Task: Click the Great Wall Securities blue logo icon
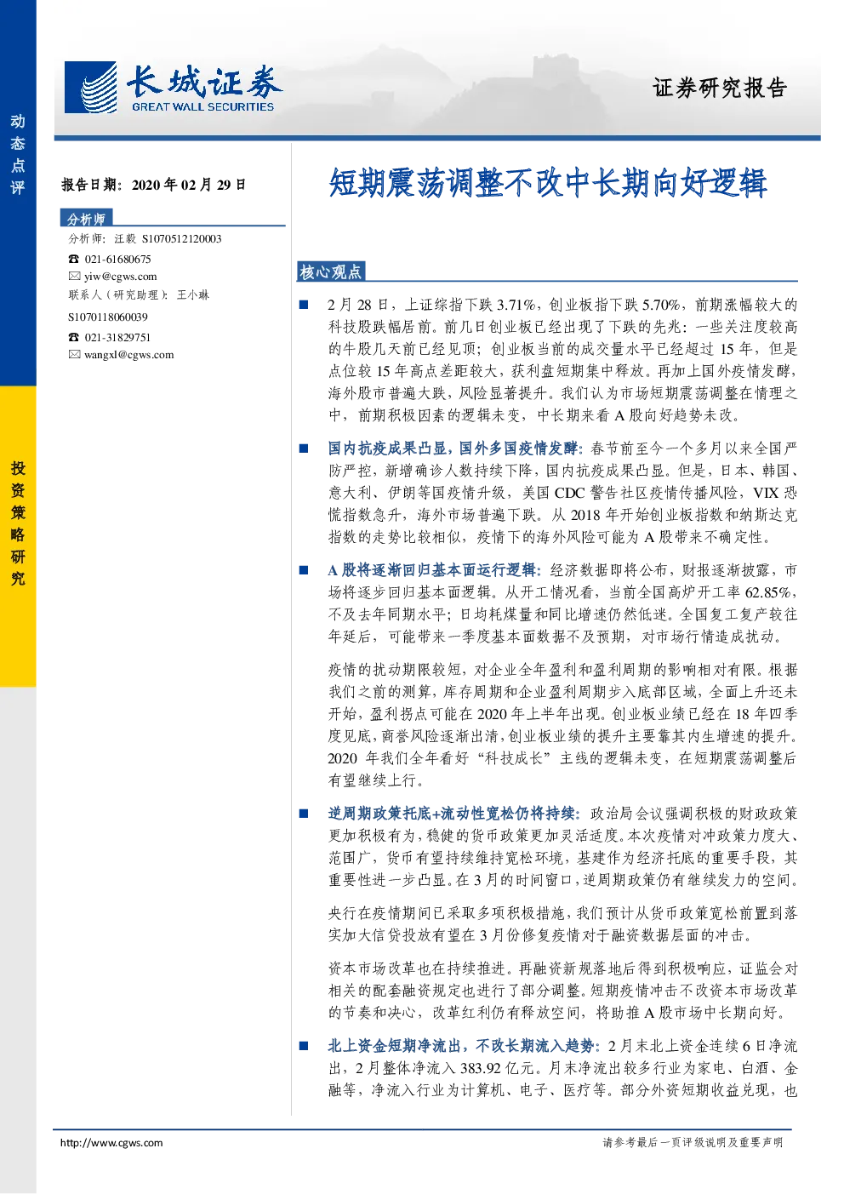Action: [90, 87]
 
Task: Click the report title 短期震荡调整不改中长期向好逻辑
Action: [548, 183]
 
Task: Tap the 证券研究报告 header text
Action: [719, 88]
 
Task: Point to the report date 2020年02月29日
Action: [189, 185]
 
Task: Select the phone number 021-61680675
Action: [117, 259]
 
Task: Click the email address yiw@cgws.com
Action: [121, 276]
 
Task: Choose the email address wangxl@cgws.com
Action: [129, 355]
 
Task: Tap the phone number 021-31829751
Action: [117, 337]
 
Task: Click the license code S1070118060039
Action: [108, 317]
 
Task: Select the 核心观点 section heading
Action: [330, 272]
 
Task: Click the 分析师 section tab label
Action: [86, 219]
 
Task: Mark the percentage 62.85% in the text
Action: [767, 592]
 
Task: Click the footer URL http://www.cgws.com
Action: [111, 1143]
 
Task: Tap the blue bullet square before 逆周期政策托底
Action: [304, 814]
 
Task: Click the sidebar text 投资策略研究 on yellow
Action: [18, 523]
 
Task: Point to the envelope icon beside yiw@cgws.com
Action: [74, 276]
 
